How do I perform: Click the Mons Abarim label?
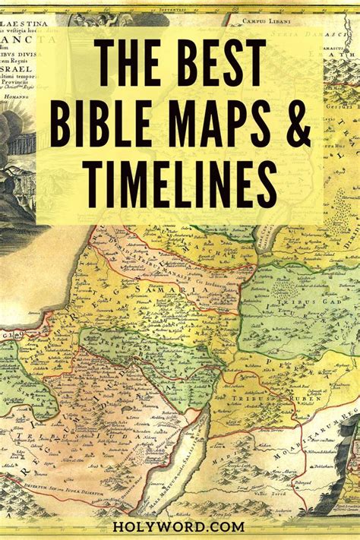[283, 471]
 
